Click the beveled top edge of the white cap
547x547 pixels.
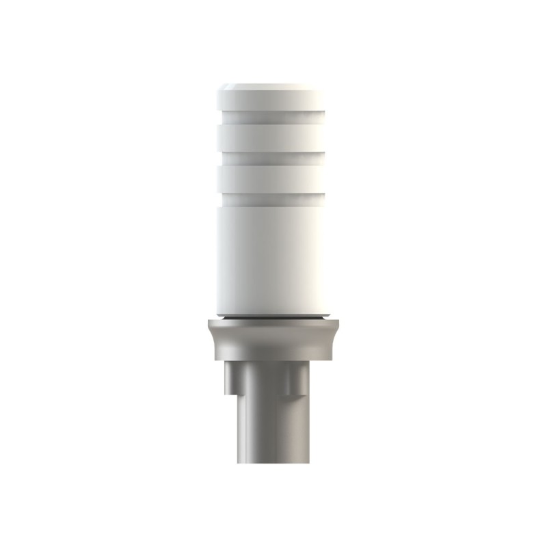[x=271, y=87]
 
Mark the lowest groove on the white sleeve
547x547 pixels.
[x=271, y=199]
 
